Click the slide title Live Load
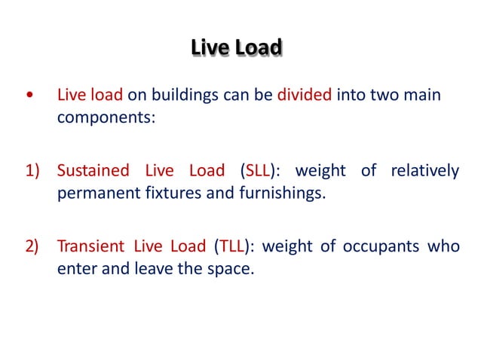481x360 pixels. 236,48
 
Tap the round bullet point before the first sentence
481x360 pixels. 29,97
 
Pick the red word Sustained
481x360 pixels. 93,171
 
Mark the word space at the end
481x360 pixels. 227,268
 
